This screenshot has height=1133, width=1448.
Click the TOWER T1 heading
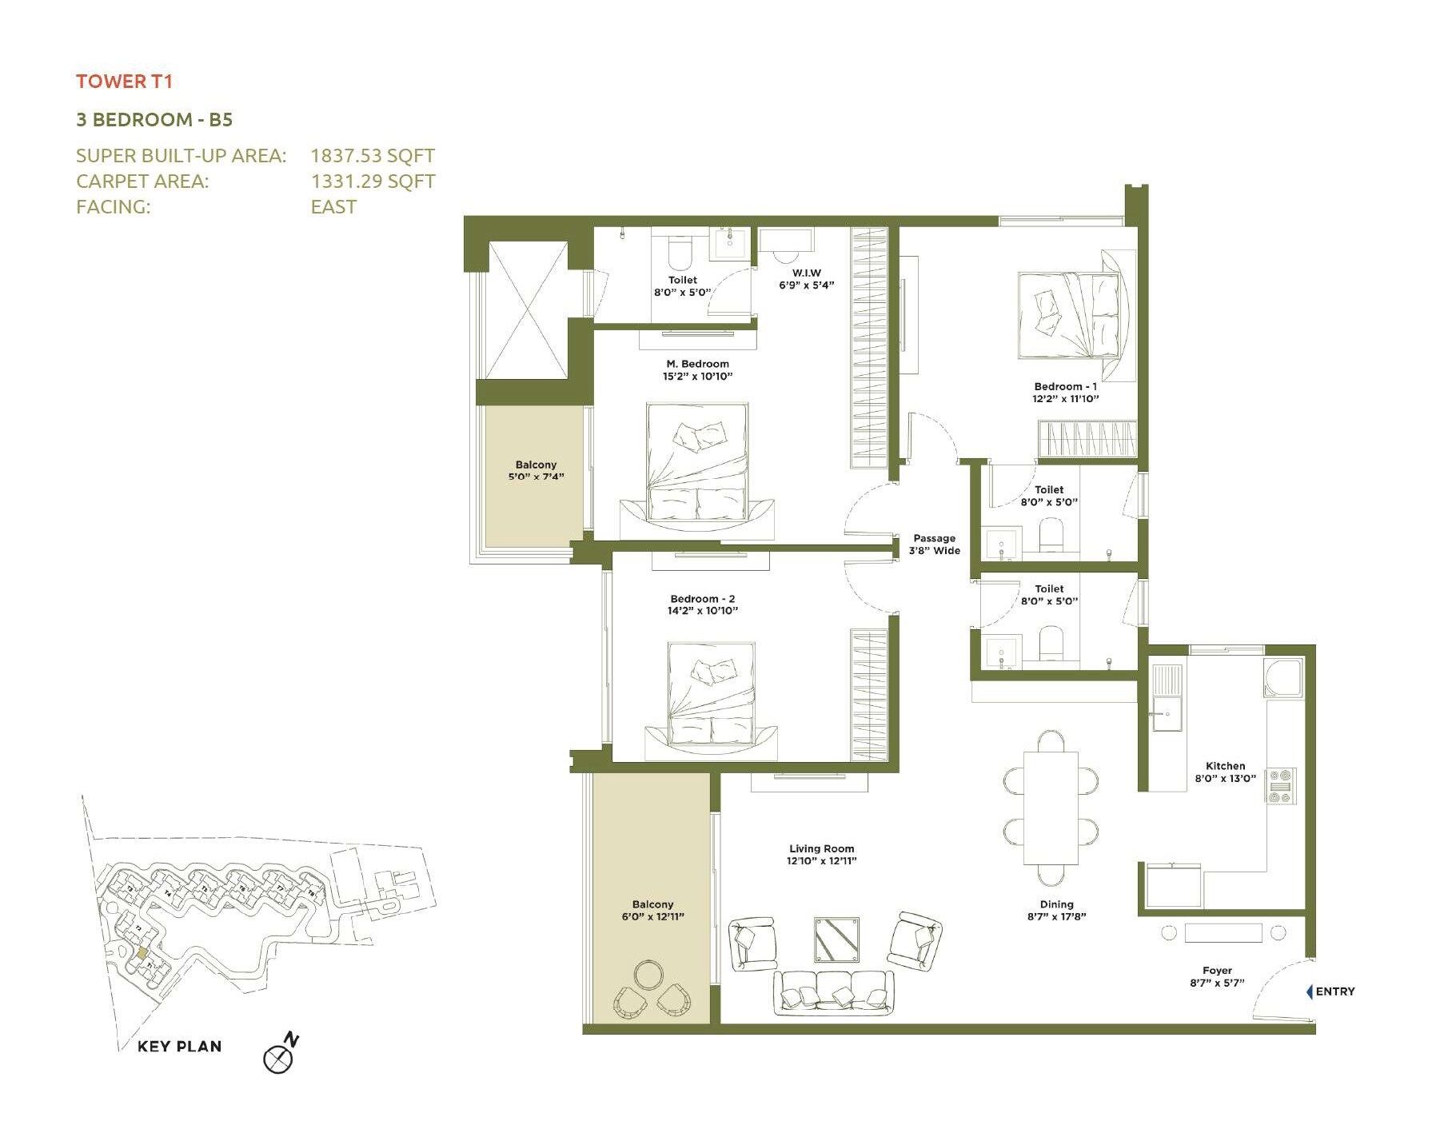tap(124, 81)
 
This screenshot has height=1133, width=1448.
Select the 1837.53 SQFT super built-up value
tap(373, 155)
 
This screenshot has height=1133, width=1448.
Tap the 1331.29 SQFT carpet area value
tap(373, 181)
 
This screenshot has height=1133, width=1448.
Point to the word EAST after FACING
tap(333, 206)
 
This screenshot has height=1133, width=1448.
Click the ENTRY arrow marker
tap(1310, 991)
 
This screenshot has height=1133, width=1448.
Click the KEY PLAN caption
tap(179, 1046)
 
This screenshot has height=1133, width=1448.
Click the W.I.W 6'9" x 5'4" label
tap(806, 278)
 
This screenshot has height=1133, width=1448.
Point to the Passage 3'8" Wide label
tap(934, 544)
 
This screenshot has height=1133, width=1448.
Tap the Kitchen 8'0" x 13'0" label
tap(1225, 772)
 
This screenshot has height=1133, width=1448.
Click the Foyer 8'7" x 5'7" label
tap(1217, 976)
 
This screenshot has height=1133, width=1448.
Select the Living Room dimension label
tap(821, 855)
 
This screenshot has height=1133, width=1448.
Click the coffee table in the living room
tap(837, 940)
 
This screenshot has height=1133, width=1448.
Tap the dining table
tap(1051, 808)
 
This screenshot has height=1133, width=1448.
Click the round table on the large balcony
tap(648, 975)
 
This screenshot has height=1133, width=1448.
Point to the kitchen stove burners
tap(1279, 785)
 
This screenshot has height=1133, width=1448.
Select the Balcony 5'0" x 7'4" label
tap(536, 470)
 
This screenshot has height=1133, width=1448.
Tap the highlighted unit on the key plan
tap(142, 953)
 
